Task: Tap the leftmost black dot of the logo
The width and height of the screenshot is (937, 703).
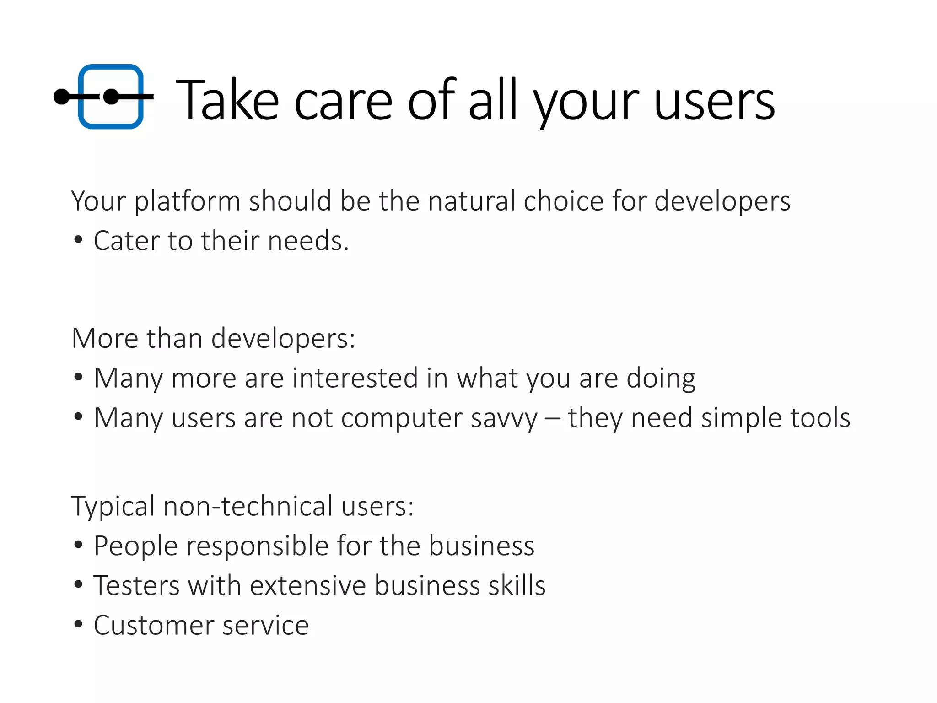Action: pyautogui.click(x=61, y=97)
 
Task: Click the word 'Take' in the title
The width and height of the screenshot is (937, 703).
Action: pyautogui.click(x=227, y=100)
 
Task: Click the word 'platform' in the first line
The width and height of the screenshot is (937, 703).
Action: pyautogui.click(x=187, y=202)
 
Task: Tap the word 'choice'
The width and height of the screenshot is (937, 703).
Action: pyautogui.click(x=564, y=201)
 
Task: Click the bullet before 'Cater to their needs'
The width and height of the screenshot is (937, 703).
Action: pyautogui.click(x=78, y=240)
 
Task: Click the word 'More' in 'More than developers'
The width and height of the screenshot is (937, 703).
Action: pyautogui.click(x=105, y=339)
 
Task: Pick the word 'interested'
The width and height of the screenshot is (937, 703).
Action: pyautogui.click(x=355, y=379)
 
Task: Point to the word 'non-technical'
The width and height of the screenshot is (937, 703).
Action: pyautogui.click(x=248, y=506)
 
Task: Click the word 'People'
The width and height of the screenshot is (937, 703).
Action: pyautogui.click(x=135, y=546)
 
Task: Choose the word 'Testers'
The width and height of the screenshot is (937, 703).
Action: pyautogui.click(x=136, y=586)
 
